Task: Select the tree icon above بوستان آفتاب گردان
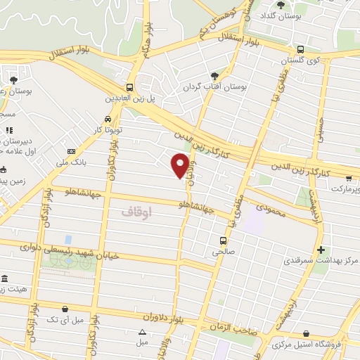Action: pos(214,76)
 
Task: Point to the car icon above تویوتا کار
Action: pos(107,119)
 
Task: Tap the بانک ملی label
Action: pos(89,162)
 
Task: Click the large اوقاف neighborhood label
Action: pos(136,210)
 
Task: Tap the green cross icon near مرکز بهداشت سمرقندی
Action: pos(321,250)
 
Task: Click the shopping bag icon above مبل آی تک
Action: pos(65,308)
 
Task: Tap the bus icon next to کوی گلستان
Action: pos(300,50)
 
